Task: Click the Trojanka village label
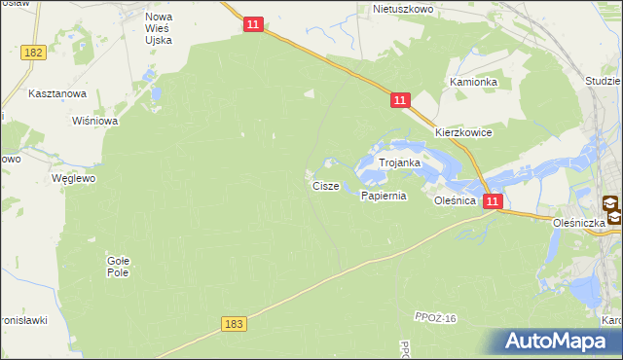click(x=399, y=163)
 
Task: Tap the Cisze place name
click(x=326, y=185)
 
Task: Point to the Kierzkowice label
click(x=463, y=132)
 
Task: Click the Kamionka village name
click(x=473, y=83)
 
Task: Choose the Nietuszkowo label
click(x=401, y=9)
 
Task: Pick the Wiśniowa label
click(x=95, y=122)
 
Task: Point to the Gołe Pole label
click(x=118, y=267)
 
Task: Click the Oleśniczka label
click(x=580, y=222)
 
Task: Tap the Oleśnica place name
click(x=455, y=200)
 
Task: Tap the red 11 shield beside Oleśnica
click(x=494, y=201)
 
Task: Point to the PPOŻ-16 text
click(x=434, y=320)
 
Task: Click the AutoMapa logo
click(x=555, y=342)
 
